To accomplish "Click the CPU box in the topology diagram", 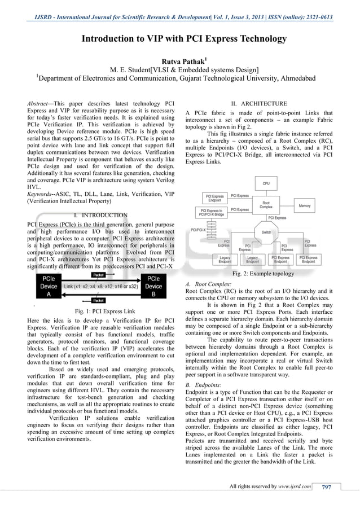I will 266,185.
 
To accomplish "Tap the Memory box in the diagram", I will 305,206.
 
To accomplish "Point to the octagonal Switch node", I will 266,232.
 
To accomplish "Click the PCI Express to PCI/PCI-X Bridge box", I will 210,212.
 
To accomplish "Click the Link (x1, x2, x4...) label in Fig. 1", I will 99,287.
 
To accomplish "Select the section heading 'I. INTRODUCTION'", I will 100,215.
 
